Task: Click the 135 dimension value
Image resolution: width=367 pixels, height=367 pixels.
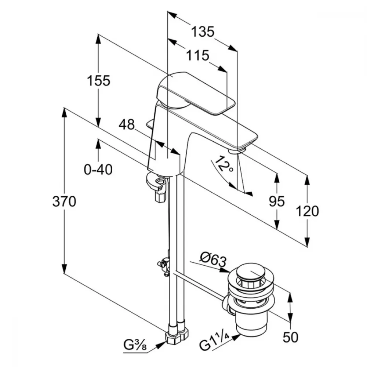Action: pyautogui.click(x=202, y=32)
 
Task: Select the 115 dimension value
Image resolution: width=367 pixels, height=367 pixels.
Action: pyautogui.click(x=197, y=56)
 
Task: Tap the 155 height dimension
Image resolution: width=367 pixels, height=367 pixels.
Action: pyautogui.click(x=98, y=80)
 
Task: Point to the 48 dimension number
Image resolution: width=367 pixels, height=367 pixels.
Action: pyautogui.click(x=127, y=125)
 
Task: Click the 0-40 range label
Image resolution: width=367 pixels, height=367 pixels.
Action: pyautogui.click(x=98, y=169)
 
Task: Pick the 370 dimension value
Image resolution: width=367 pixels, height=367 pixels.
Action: pyautogui.click(x=64, y=201)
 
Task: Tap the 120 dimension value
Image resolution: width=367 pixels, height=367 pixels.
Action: pyautogui.click(x=308, y=211)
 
